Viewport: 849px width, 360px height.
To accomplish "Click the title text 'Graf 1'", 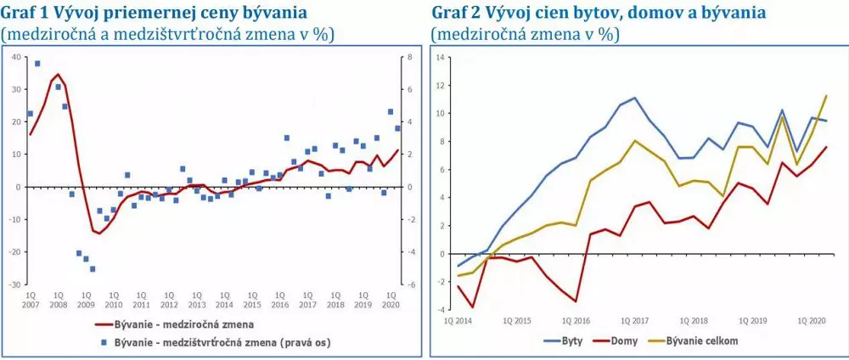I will tap(25, 13).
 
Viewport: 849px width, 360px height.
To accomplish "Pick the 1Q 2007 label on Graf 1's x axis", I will tap(31, 298).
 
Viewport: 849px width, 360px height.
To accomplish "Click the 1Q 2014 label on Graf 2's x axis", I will tap(460, 321).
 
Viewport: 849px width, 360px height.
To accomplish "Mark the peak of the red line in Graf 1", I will tap(58, 74).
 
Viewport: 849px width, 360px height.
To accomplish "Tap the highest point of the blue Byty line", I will tap(634, 98).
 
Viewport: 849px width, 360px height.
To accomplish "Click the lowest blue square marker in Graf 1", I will tap(93, 268).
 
